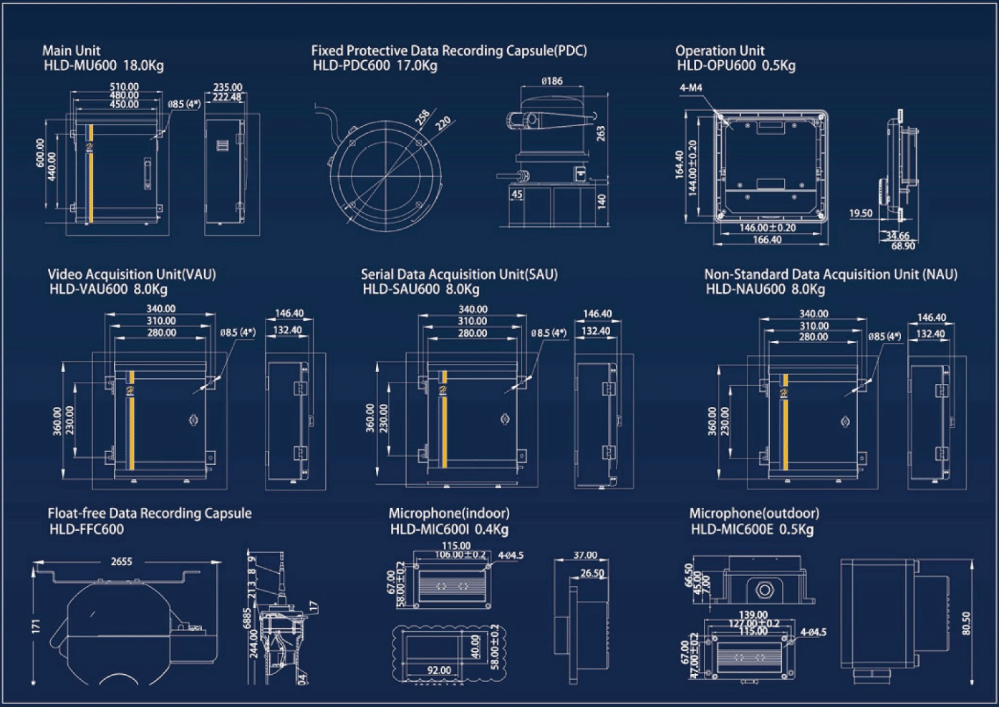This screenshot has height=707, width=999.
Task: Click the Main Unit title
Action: pyautogui.click(x=71, y=50)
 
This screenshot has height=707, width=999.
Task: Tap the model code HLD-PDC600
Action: pyautogui.click(x=352, y=66)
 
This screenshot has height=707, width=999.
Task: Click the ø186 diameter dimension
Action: pyautogui.click(x=552, y=82)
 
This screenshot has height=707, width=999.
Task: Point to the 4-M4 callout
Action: pyautogui.click(x=691, y=88)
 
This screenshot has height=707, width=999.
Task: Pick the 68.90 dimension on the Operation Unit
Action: pyautogui.click(x=903, y=246)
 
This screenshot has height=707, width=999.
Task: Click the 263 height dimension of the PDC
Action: pyautogui.click(x=601, y=133)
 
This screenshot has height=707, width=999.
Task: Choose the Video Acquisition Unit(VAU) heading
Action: pyautogui.click(x=132, y=274)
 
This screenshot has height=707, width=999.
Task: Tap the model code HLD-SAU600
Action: pyautogui.click(x=401, y=289)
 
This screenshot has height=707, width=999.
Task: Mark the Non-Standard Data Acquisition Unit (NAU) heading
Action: pyautogui.click(x=831, y=274)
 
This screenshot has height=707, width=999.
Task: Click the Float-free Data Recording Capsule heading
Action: pyautogui.click(x=150, y=513)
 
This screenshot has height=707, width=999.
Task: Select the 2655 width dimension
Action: pyautogui.click(x=121, y=562)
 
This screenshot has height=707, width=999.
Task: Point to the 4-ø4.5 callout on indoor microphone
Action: pyautogui.click(x=511, y=555)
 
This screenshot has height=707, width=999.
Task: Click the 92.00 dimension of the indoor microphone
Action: pyautogui.click(x=438, y=670)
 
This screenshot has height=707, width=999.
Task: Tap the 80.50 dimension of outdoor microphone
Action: pyautogui.click(x=967, y=622)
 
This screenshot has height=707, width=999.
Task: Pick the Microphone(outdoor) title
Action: pyautogui.click(x=754, y=513)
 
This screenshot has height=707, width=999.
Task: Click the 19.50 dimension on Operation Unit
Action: pyautogui.click(x=861, y=213)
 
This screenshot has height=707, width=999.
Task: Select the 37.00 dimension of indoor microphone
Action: pyautogui.click(x=585, y=555)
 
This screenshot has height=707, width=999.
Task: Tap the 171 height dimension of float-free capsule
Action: pyautogui.click(x=36, y=625)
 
